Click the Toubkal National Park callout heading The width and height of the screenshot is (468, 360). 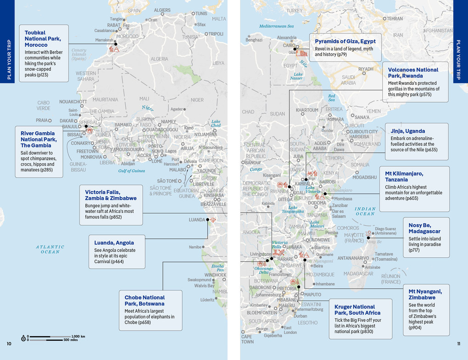click(x=42, y=39)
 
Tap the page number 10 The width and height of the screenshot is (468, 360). click(x=9, y=344)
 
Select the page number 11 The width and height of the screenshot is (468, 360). click(x=459, y=344)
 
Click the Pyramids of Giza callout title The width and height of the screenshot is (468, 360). click(x=345, y=41)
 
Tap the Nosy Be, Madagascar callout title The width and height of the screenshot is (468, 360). click(x=424, y=228)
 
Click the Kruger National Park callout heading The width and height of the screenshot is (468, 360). click(x=355, y=310)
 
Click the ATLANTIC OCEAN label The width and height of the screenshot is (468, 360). click(x=50, y=249)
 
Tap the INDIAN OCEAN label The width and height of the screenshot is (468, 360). click(x=365, y=211)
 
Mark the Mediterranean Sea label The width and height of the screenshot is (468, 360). click(x=276, y=26)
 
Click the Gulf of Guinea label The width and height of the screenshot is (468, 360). click(x=131, y=171)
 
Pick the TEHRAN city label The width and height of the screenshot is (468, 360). click(x=394, y=19)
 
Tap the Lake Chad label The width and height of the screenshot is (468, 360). click(x=216, y=124)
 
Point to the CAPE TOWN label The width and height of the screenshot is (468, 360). click(x=247, y=339)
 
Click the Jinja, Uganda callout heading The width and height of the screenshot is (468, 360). click(x=408, y=131)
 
